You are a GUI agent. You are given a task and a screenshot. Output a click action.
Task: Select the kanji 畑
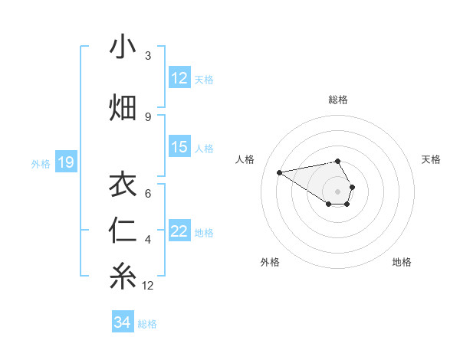[123, 106]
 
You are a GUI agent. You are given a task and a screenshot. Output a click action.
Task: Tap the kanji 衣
[123, 185]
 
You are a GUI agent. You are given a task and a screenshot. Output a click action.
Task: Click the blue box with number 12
[179, 79]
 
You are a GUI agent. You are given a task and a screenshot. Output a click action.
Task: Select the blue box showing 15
[179, 148]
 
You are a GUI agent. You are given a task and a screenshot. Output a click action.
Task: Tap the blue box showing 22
[179, 232]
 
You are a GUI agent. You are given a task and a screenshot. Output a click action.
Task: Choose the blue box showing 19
[66, 162]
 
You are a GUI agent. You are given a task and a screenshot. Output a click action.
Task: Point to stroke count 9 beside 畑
[148, 117]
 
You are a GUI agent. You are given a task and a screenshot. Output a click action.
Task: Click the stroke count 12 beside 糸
[148, 286]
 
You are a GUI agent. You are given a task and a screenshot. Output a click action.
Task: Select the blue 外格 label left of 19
[41, 163]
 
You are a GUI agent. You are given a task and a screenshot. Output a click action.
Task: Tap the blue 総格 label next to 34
[147, 323]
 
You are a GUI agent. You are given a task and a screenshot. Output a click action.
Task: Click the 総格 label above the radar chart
[337, 100]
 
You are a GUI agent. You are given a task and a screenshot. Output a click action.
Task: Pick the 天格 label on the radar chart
[432, 159]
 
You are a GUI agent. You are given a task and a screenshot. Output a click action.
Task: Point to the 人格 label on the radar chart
[245, 159]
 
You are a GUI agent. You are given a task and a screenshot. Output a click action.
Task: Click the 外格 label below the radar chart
[270, 263]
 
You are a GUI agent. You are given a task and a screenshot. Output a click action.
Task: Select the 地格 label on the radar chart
[402, 263]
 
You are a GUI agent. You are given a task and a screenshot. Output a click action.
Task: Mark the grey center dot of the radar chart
[337, 191]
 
